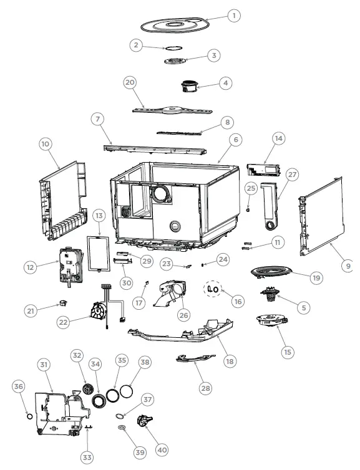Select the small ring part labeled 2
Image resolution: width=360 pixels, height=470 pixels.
[x=172, y=49]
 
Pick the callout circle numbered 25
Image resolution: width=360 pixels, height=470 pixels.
[x=251, y=188]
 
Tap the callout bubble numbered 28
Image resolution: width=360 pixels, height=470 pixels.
[x=205, y=387]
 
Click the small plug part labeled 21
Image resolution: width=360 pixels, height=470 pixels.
[x=63, y=303]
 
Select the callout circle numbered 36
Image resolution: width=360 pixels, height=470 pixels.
[x=18, y=387]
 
